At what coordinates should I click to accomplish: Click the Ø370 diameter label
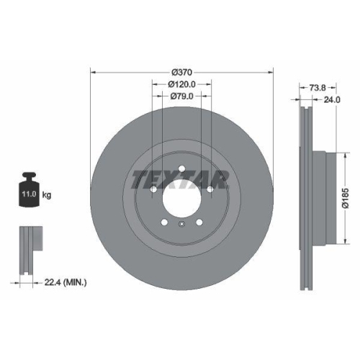(182, 72)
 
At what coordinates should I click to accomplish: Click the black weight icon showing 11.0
(29, 190)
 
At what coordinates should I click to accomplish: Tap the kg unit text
(47, 194)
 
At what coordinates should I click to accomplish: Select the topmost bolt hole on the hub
(182, 170)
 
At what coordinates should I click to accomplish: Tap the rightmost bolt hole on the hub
(208, 189)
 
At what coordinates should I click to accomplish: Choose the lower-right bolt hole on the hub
(198, 222)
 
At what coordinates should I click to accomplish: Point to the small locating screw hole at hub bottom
(182, 227)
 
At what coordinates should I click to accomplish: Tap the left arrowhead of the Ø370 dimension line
(93, 72)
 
